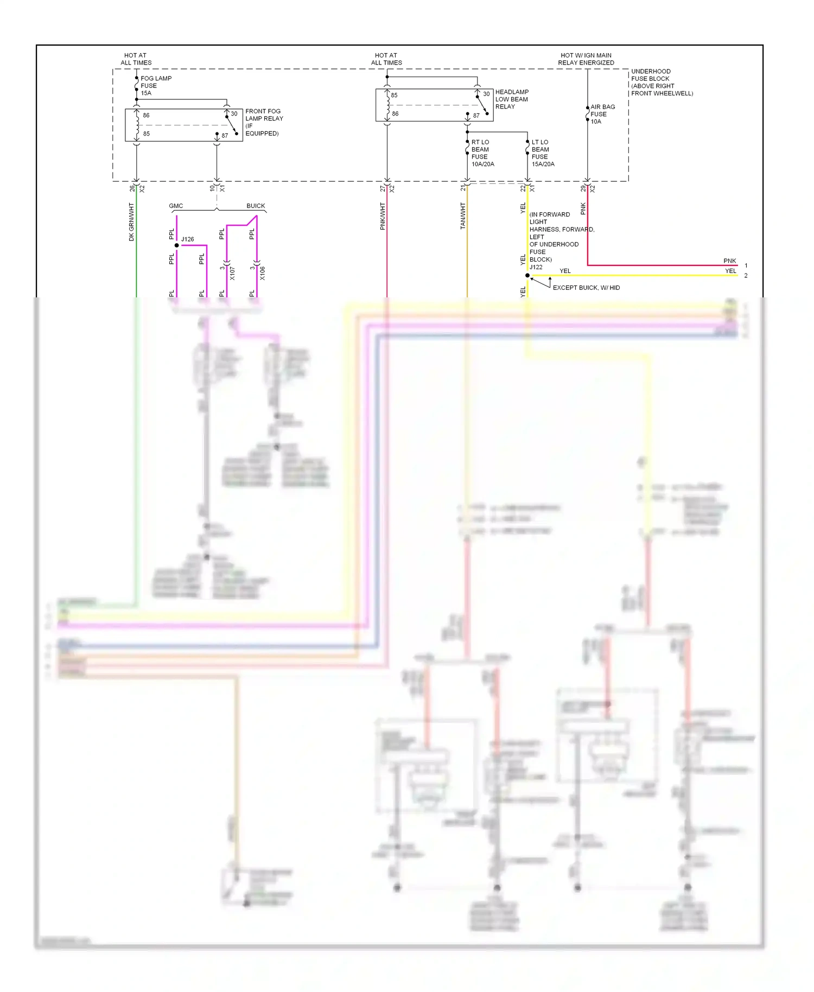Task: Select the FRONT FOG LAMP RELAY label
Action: [264, 122]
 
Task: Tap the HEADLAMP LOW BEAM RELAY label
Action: [511, 99]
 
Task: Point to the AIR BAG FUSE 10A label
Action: [602, 114]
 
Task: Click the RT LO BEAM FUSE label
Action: [482, 153]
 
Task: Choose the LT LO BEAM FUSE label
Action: [542, 153]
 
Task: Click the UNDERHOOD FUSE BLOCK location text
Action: [661, 82]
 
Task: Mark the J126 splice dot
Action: [177, 245]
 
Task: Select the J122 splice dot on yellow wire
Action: [527, 276]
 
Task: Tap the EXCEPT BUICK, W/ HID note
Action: [586, 288]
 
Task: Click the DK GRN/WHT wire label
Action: [131, 222]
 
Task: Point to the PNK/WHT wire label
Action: [383, 217]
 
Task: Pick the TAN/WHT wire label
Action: [463, 216]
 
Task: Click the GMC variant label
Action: [176, 206]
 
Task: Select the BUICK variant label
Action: [256, 206]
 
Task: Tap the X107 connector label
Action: [232, 273]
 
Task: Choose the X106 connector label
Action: [263, 273]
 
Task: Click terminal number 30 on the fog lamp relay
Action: [234, 114]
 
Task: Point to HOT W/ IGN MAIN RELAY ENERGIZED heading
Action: [586, 59]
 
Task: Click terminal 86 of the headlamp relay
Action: [395, 114]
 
